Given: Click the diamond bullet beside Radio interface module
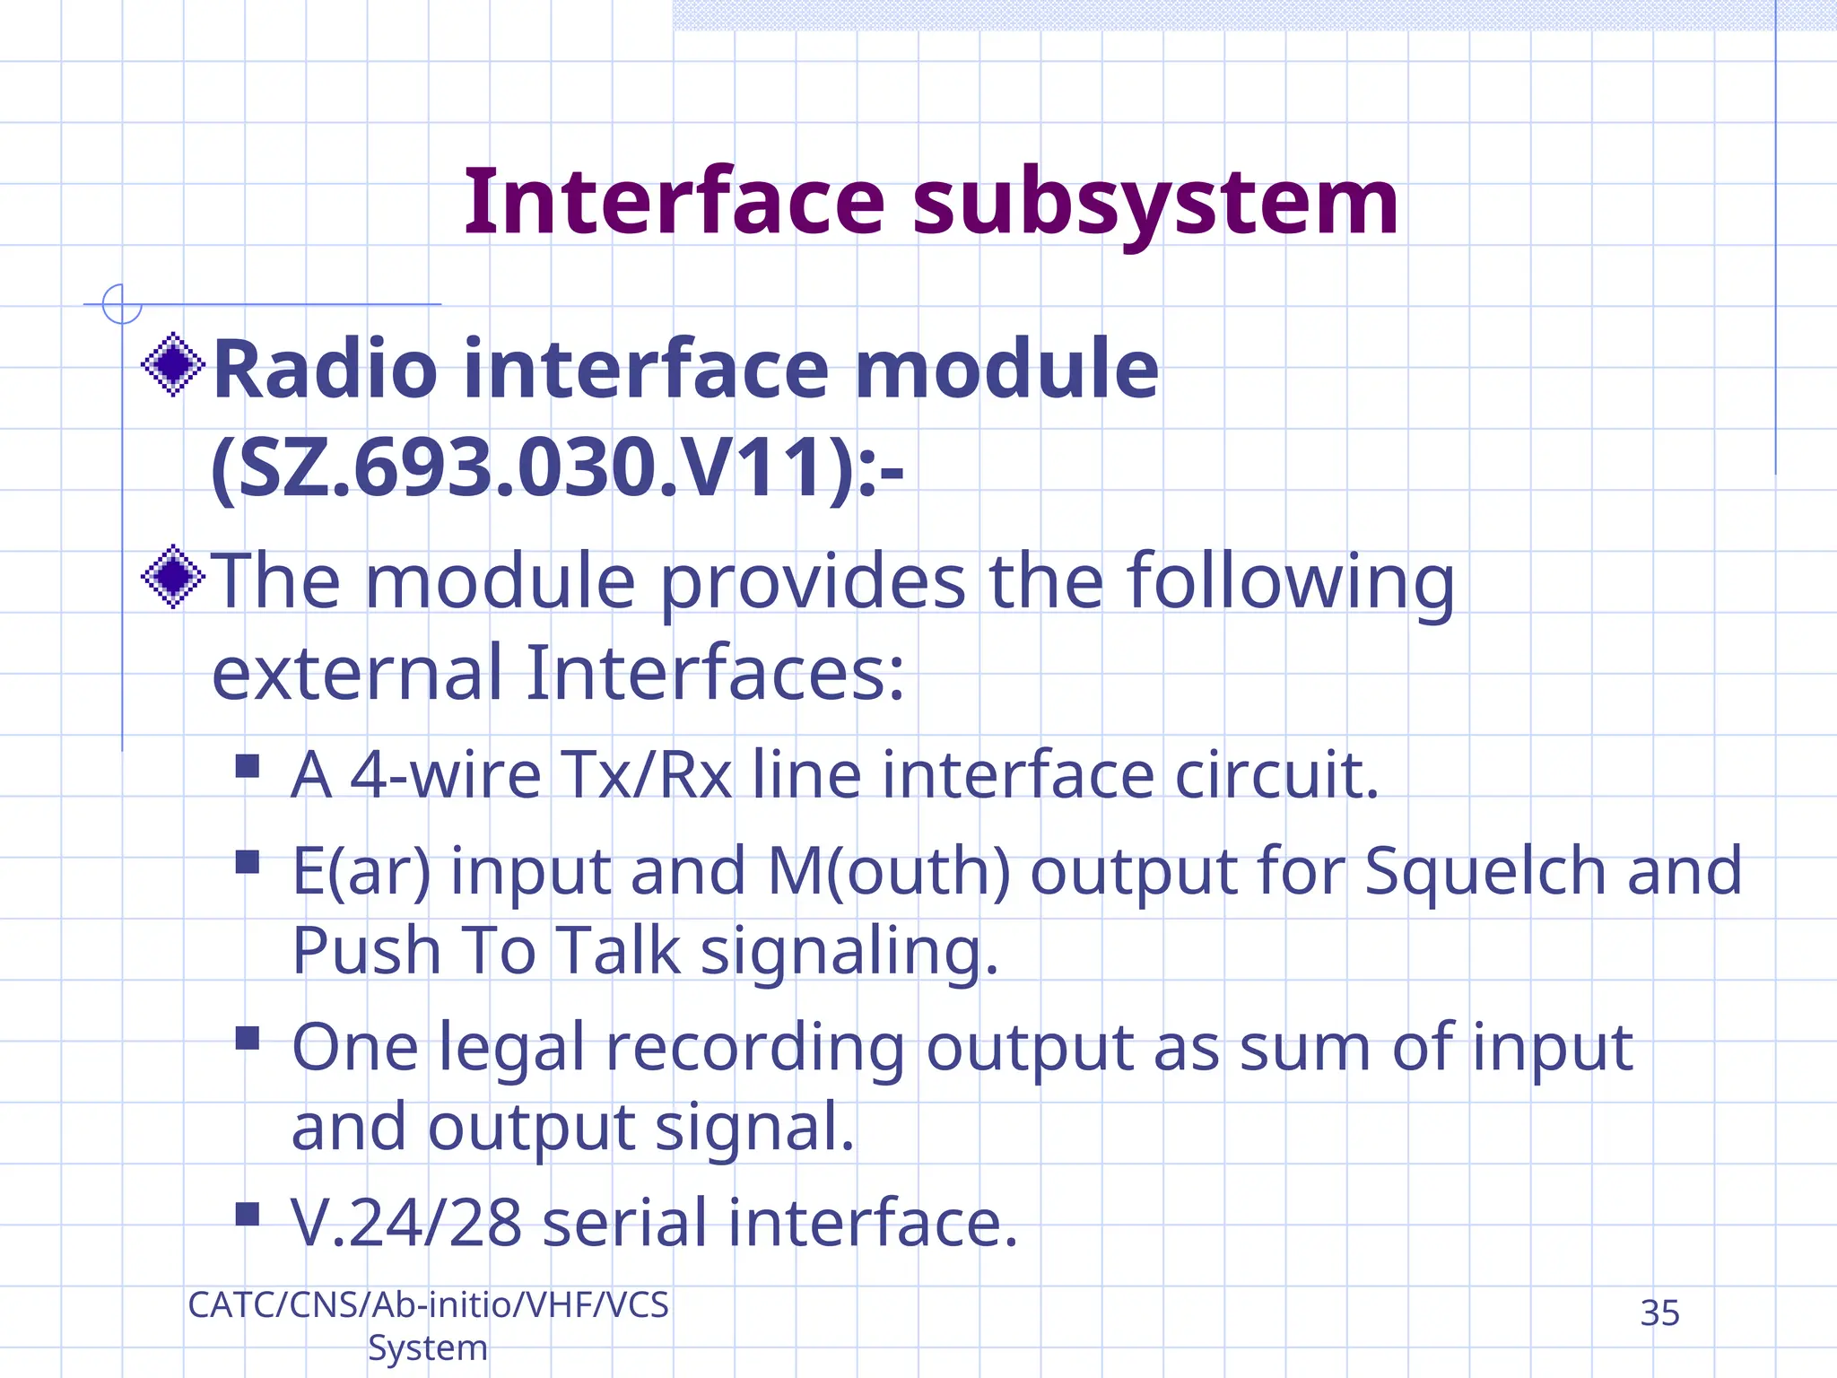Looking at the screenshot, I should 174,364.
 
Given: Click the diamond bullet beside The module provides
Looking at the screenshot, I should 174,577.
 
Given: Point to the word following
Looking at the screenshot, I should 1291,583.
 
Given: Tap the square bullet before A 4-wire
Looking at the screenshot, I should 248,766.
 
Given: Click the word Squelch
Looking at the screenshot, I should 1485,870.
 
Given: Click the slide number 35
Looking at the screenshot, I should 1659,1313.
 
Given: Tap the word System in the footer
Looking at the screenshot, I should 428,1348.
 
